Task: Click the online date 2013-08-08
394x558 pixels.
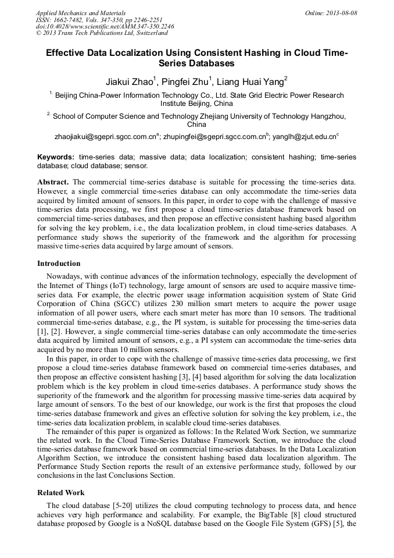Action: pyautogui.click(x=342, y=13)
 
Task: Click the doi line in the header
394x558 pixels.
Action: pyautogui.click(x=105, y=27)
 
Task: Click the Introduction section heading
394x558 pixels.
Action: pyautogui.click(x=59, y=264)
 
